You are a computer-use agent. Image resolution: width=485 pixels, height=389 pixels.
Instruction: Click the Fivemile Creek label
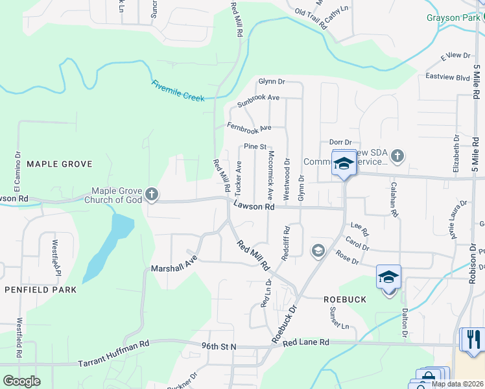pos(178,90)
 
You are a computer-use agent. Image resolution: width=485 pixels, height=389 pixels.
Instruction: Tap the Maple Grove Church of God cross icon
pos(151,193)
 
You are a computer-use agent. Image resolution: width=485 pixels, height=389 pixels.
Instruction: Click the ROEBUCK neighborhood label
pos(345,300)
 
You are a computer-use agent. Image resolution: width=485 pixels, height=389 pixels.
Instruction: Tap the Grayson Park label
pos(453,18)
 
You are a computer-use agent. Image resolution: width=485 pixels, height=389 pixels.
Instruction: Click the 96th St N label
pos(219,347)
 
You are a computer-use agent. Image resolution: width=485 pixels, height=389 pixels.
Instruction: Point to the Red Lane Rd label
pos(305,342)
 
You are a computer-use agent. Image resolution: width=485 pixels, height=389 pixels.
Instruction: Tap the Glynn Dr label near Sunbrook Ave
pos(272,82)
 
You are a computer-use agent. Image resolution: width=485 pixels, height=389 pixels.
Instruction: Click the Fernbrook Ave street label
pos(248,126)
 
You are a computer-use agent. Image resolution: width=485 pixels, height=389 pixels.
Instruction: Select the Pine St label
pos(255,147)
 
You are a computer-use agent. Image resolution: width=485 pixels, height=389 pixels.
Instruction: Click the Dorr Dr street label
pos(340,142)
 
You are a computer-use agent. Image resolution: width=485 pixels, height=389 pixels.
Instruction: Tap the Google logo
pos(21,381)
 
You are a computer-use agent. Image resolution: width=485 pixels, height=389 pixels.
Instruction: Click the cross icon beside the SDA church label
pos(397,156)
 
